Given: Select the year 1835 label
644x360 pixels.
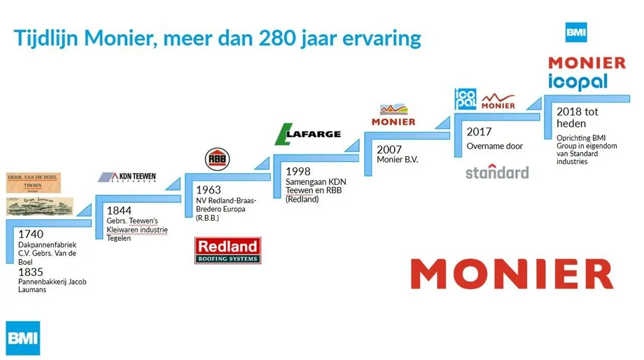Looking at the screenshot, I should [x=31, y=271].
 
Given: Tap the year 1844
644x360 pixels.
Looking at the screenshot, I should [x=119, y=209].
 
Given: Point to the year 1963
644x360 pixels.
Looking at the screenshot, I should [x=209, y=189].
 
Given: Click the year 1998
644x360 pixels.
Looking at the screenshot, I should [x=298, y=171].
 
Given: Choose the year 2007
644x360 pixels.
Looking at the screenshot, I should [x=389, y=149].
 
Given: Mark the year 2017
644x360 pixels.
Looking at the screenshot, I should [x=479, y=132].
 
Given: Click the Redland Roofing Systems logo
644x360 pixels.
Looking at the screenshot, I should [x=228, y=250].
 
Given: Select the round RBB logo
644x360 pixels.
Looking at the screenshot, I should [x=216, y=159].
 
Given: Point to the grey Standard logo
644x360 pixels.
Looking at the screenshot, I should [x=497, y=172].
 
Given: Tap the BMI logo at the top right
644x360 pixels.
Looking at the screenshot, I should [x=576, y=33].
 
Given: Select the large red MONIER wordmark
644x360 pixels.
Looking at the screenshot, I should [x=512, y=273].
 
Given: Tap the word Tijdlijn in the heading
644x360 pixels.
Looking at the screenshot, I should [x=45, y=38].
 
